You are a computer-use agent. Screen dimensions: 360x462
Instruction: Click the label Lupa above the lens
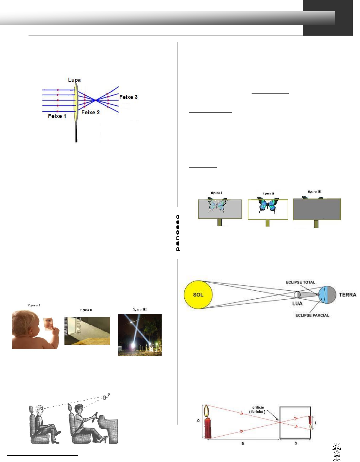pyautogui.click(x=74, y=80)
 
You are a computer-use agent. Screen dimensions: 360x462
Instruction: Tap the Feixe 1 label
pyautogui.click(x=57, y=116)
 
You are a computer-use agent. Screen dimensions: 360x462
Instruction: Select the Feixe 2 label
pyautogui.click(x=90, y=112)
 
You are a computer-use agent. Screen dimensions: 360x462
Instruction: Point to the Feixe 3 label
pyautogui.click(x=128, y=97)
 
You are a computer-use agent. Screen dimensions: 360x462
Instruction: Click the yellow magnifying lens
pyautogui.click(x=76, y=102)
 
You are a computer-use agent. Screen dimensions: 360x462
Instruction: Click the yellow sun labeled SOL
pyautogui.click(x=198, y=295)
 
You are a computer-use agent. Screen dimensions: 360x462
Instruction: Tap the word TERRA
pyautogui.click(x=348, y=295)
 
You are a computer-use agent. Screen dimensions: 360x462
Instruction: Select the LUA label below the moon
pyautogui.click(x=297, y=303)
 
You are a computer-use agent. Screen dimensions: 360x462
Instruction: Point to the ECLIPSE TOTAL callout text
pyautogui.click(x=300, y=282)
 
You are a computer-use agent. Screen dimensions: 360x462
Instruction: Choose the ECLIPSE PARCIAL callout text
pyautogui.click(x=312, y=315)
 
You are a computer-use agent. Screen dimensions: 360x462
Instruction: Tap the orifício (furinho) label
pyautogui.click(x=258, y=409)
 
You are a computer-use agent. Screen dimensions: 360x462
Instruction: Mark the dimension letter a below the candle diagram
pyautogui.click(x=242, y=443)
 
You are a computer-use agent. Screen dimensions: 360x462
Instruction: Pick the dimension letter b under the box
pyautogui.click(x=296, y=443)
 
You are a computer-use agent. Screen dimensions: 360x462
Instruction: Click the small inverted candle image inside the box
pyautogui.click(x=310, y=423)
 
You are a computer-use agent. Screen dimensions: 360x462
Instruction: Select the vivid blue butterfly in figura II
pyautogui.click(x=268, y=205)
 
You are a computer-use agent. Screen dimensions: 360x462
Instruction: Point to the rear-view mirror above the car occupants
pyautogui.click(x=105, y=397)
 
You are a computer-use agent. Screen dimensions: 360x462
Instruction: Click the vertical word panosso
pyautogui.click(x=178, y=233)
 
